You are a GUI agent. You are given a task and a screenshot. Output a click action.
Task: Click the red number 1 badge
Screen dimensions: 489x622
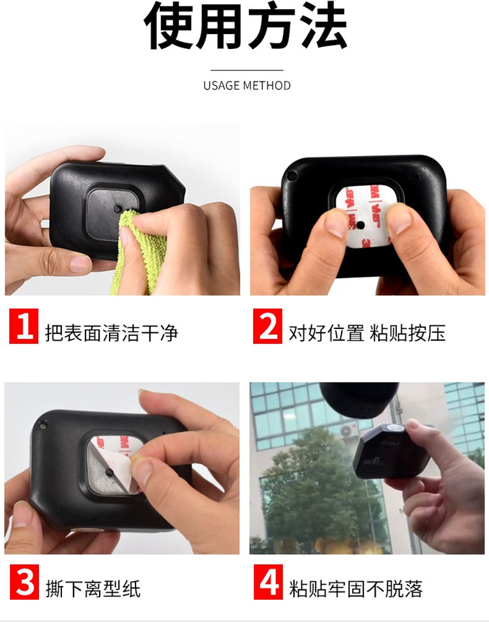click(23, 326)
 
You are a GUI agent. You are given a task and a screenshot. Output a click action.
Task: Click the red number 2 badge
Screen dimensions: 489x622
click(268, 326)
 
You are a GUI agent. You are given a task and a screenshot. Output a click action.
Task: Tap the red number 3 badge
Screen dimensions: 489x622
click(24, 582)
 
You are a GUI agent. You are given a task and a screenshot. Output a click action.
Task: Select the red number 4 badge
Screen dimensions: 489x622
click(268, 582)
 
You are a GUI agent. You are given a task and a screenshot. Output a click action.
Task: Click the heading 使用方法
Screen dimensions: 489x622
click(246, 26)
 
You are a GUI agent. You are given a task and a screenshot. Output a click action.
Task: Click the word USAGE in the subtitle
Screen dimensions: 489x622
click(222, 86)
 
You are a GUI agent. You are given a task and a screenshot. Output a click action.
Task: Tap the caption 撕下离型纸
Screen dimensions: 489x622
click(93, 589)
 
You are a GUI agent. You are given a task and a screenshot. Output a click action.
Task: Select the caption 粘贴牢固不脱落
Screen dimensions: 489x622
click(356, 589)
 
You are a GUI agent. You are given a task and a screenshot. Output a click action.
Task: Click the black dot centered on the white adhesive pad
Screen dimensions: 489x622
click(360, 225)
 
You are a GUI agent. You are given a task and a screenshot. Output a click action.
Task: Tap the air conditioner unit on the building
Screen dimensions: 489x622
click(349, 430)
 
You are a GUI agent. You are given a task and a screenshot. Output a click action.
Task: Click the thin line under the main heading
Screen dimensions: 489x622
click(246, 70)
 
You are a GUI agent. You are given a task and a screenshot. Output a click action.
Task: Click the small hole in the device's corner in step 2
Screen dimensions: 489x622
click(292, 175)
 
